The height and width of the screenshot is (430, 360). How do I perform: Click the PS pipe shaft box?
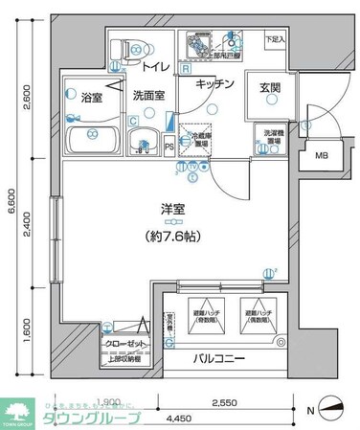[x=169, y=147]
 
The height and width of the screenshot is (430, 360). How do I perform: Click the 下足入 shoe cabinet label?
[x=276, y=41]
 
